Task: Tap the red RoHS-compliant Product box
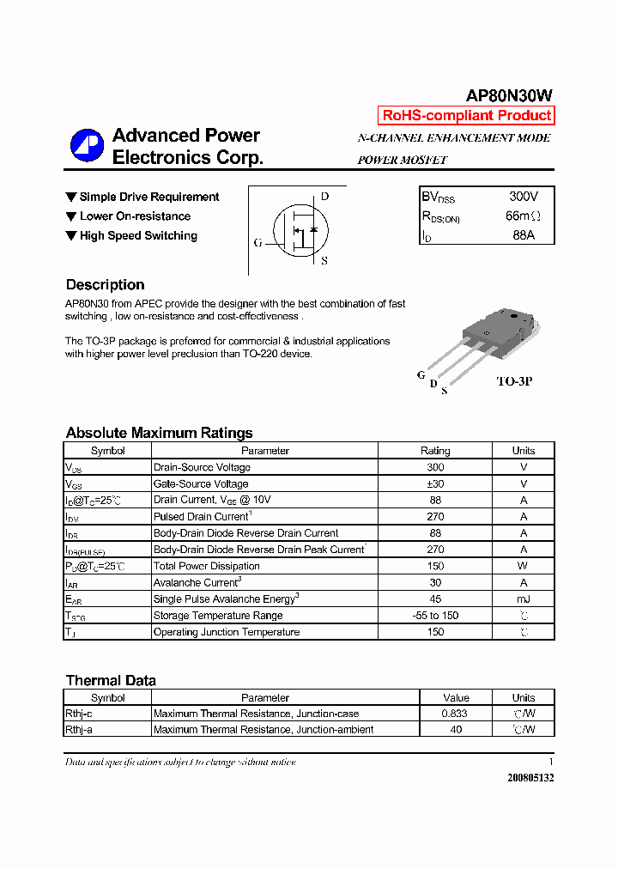[x=466, y=116]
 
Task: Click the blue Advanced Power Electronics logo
[x=87, y=145]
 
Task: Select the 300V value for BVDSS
[x=524, y=197]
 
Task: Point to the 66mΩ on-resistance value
[x=524, y=216]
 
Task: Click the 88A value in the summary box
[x=524, y=234]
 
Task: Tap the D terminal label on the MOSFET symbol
[x=324, y=197]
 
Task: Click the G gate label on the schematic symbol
[x=257, y=243]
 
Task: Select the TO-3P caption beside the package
[x=514, y=380]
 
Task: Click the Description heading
[x=105, y=285]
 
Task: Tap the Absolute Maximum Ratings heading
[x=159, y=434]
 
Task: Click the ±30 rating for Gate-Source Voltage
[x=435, y=484]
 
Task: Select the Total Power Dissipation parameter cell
[x=206, y=567]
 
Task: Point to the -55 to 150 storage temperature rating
[x=435, y=616]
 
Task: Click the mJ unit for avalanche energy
[x=524, y=599]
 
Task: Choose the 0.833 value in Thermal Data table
[x=456, y=714]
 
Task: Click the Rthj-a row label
[x=79, y=730]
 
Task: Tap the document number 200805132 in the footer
[x=530, y=777]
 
